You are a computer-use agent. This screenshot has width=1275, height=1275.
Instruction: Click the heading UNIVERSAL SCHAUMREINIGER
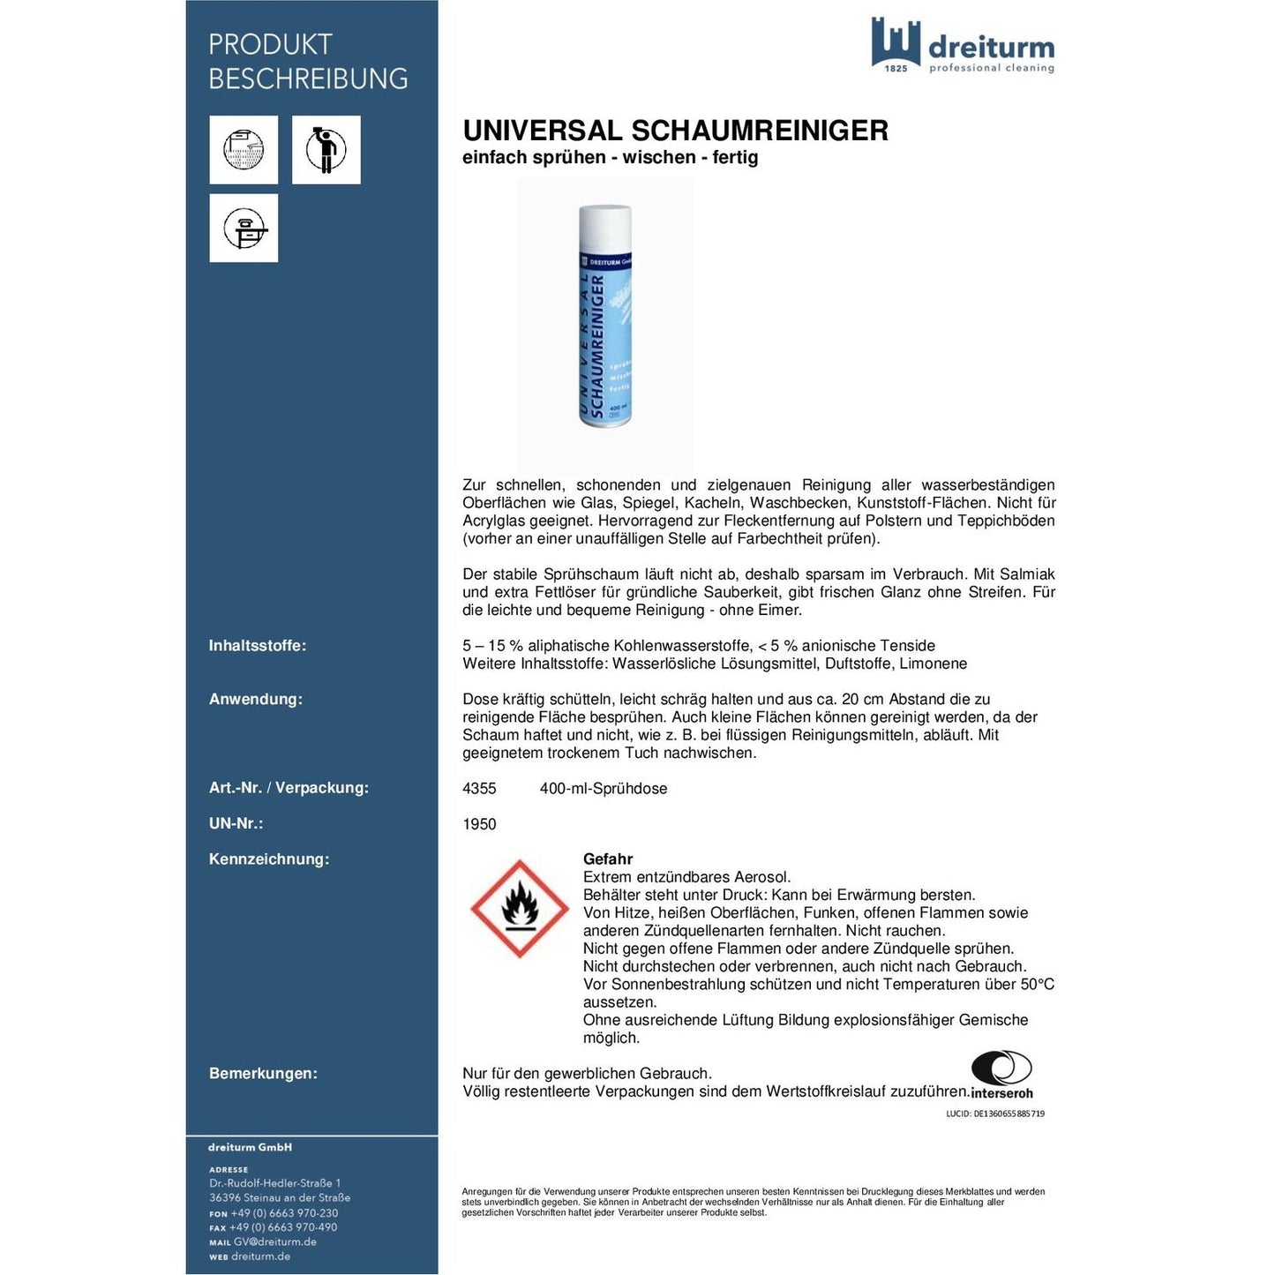point(675,131)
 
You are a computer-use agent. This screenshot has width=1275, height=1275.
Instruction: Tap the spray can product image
point(605,318)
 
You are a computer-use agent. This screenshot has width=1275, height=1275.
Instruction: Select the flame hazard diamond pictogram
point(519,909)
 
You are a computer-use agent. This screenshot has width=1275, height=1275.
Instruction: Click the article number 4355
point(479,789)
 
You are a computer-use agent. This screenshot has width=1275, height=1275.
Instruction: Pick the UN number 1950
point(479,824)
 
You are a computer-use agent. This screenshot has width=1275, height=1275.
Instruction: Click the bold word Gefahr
point(608,859)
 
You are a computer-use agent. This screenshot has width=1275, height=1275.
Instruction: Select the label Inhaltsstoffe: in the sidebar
point(258,646)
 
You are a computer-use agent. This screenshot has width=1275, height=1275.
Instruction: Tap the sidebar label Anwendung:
point(256,700)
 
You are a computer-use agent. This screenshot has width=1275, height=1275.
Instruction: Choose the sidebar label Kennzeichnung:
point(269,859)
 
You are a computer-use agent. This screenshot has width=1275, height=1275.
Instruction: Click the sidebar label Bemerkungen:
point(263,1074)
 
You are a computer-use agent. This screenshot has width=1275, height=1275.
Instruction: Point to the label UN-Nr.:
point(236,824)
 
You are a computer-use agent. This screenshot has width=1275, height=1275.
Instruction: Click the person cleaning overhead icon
point(326,150)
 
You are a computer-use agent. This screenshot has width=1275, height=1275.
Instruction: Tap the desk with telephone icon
point(244,229)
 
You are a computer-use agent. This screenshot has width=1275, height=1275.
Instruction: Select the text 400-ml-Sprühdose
point(604,789)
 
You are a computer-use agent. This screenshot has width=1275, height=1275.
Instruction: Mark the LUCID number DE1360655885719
point(995,1114)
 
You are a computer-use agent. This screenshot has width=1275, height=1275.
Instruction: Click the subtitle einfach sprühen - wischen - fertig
point(611,158)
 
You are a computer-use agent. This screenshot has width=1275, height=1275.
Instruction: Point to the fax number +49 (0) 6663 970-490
point(283,1227)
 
